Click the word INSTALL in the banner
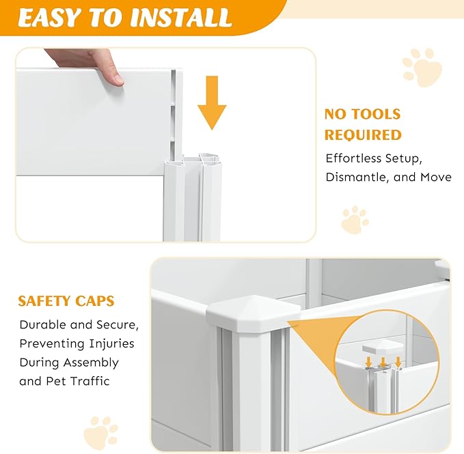[180, 18]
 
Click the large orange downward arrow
[212, 102]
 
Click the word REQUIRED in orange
[363, 134]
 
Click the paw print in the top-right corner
[422, 68]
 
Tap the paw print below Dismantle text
[355, 220]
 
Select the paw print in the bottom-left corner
[100, 433]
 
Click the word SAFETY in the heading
[44, 301]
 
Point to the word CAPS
[95, 301]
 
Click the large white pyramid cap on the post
[254, 313]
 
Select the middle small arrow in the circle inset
[383, 363]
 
